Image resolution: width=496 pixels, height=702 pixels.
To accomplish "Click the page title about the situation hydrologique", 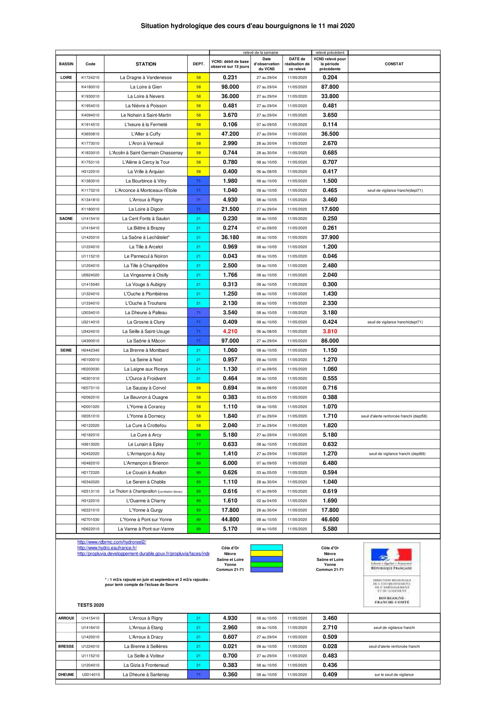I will (x=248, y=26).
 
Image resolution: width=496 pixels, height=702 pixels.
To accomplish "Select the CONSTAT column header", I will (x=394, y=64).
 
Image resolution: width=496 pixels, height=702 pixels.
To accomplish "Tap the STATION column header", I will (x=146, y=64).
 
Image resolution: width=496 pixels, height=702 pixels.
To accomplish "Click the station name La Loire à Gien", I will (x=146, y=87).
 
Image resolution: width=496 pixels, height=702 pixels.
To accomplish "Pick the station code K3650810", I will (x=90, y=134).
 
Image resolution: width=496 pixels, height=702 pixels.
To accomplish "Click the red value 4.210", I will (x=230, y=331).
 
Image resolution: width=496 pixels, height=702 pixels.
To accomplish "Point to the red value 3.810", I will (x=330, y=331).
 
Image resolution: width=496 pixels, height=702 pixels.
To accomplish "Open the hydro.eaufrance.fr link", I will (x=107, y=548).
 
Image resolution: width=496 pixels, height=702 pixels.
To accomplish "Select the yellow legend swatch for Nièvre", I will (x=266, y=554).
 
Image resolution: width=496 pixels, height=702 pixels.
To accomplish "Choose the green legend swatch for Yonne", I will (x=266, y=565).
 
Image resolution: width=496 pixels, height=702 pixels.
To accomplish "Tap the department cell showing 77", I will (x=198, y=444).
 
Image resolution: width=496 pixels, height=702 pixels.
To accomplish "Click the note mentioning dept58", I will (x=394, y=416).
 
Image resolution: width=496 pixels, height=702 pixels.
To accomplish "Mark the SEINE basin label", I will (x=66, y=350).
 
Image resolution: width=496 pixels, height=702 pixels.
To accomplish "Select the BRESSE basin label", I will (x=66, y=646).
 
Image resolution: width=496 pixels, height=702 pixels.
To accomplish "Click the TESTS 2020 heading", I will (x=90, y=605).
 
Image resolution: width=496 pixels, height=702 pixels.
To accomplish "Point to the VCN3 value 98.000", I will (x=230, y=87).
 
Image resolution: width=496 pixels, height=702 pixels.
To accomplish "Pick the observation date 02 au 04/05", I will (x=266, y=501).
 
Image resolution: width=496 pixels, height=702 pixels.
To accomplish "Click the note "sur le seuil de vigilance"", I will (x=394, y=674).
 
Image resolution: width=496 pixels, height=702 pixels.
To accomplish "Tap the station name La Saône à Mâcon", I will (x=146, y=341).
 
